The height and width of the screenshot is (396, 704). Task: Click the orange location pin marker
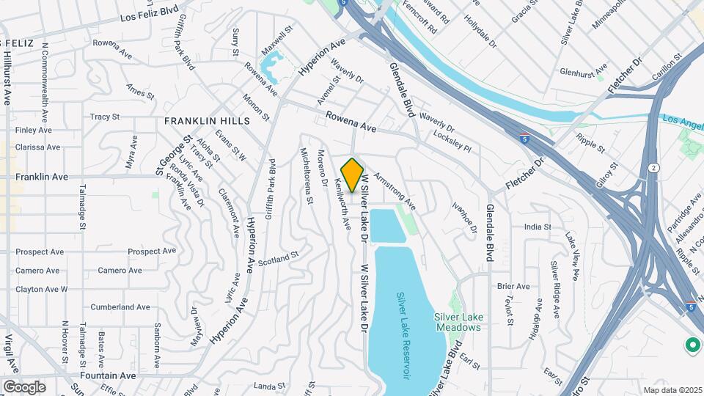(x=353, y=175)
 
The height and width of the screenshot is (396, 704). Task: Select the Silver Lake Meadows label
(x=458, y=321)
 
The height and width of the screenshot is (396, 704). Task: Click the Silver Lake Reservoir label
(x=403, y=335)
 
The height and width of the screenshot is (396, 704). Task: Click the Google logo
(x=24, y=386)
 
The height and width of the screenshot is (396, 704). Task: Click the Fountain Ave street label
(x=107, y=375)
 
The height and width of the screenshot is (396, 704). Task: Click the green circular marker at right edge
(x=691, y=344)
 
